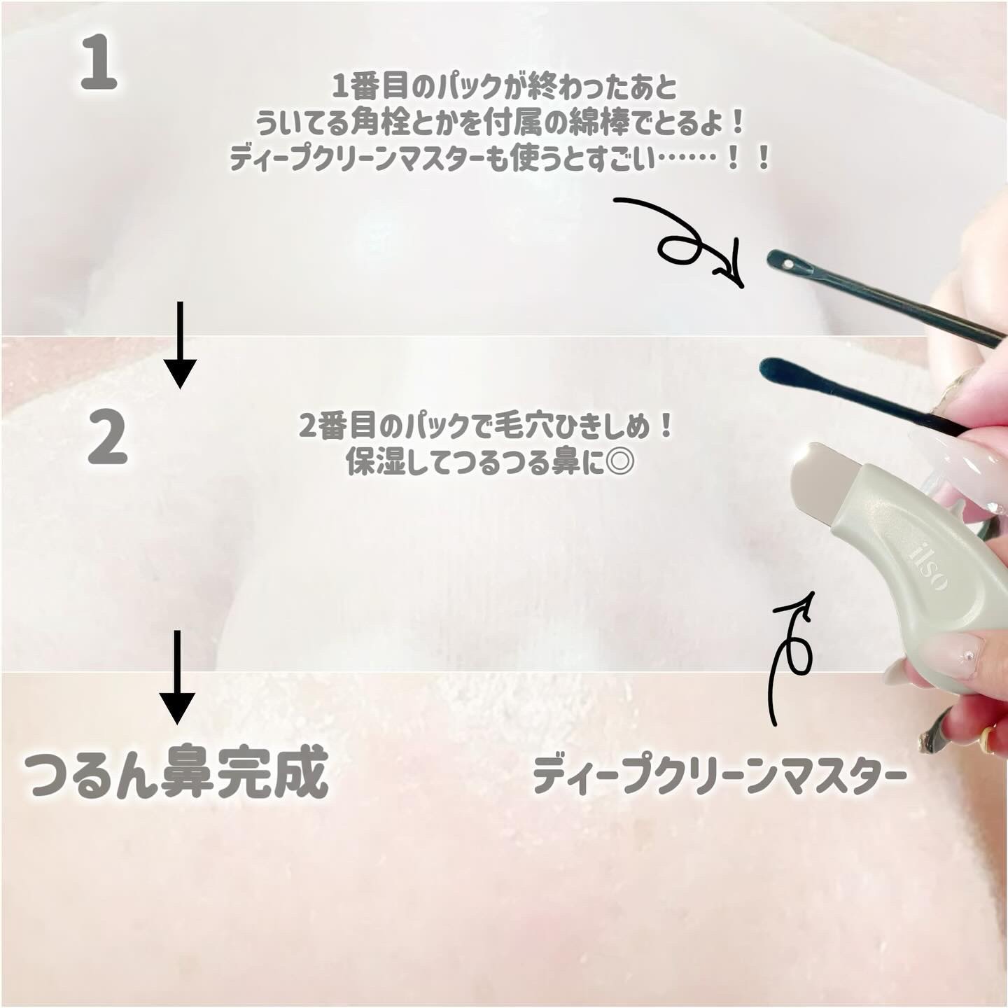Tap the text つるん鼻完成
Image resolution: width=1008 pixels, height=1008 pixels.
(x=176, y=773)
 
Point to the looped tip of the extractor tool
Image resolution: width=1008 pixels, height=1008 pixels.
(x=785, y=262)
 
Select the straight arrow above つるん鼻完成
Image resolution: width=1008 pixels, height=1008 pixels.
(x=177, y=676)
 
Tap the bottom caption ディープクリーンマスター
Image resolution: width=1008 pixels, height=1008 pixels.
(x=719, y=776)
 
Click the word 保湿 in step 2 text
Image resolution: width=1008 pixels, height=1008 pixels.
(x=372, y=463)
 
